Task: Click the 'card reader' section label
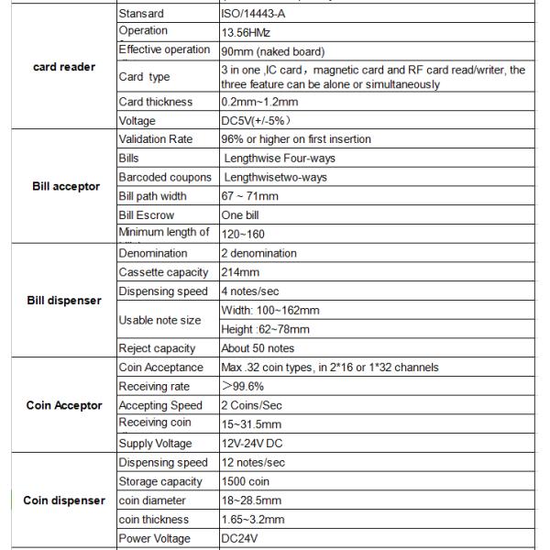click(64, 67)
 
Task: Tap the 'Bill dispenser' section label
click(62, 301)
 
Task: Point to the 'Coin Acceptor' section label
click(63, 405)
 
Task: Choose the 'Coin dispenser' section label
click(63, 500)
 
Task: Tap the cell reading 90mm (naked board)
click(272, 50)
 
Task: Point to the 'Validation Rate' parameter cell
click(159, 139)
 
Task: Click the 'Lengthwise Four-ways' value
click(279, 159)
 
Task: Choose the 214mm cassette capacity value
click(240, 272)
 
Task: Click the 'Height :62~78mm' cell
click(265, 329)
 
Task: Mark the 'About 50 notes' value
click(258, 348)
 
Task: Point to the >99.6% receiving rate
click(243, 387)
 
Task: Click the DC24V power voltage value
click(242, 539)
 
